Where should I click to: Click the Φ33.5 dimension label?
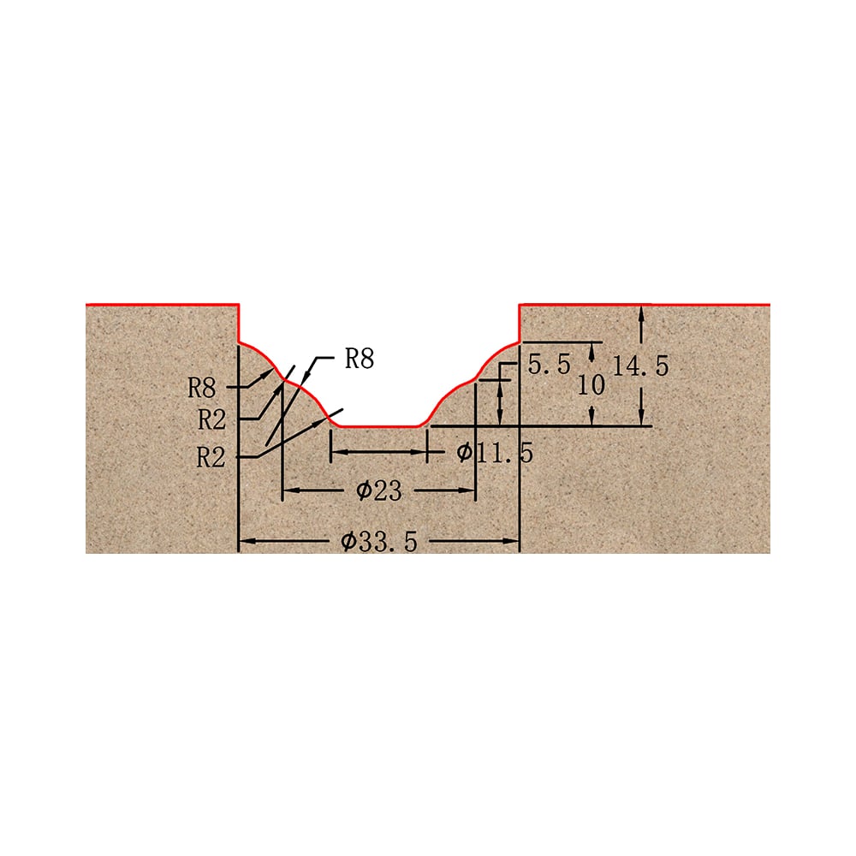379,542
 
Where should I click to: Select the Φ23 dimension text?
379,490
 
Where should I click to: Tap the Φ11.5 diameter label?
495,453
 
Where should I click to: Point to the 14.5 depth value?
640,366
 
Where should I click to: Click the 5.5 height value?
549,364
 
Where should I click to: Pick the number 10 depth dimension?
591,385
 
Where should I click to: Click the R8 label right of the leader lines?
360,359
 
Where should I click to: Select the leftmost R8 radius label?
202,388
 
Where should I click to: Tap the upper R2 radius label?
211,419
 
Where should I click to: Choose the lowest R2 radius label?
211,457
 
